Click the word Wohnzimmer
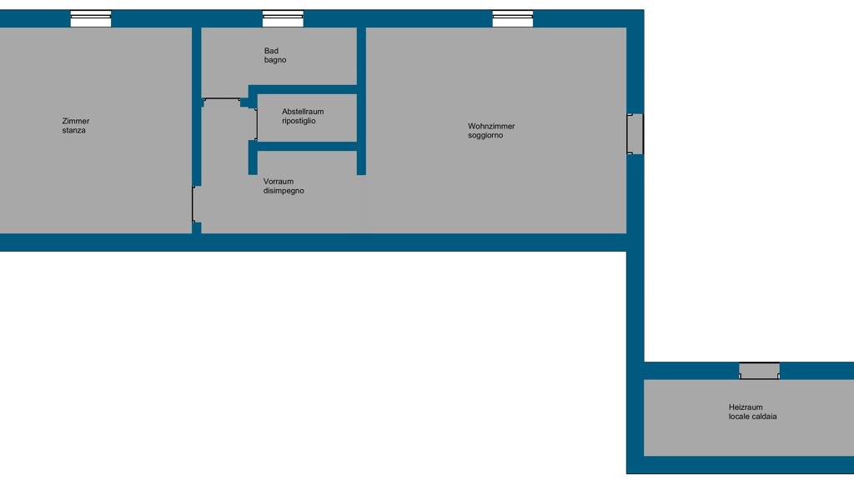[491, 127]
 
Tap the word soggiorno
[485, 136]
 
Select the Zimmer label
[76, 122]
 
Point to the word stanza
[73, 131]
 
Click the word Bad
[271, 51]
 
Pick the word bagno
[275, 60]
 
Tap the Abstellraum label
[303, 112]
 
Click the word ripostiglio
[299, 121]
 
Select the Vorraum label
[279, 182]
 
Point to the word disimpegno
[284, 191]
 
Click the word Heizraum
[746, 407]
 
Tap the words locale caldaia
[753, 417]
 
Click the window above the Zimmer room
[91, 18]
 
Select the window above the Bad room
[284, 18]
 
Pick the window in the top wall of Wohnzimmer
[513, 18]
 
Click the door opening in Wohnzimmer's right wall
[635, 134]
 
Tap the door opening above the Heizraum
[759, 371]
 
